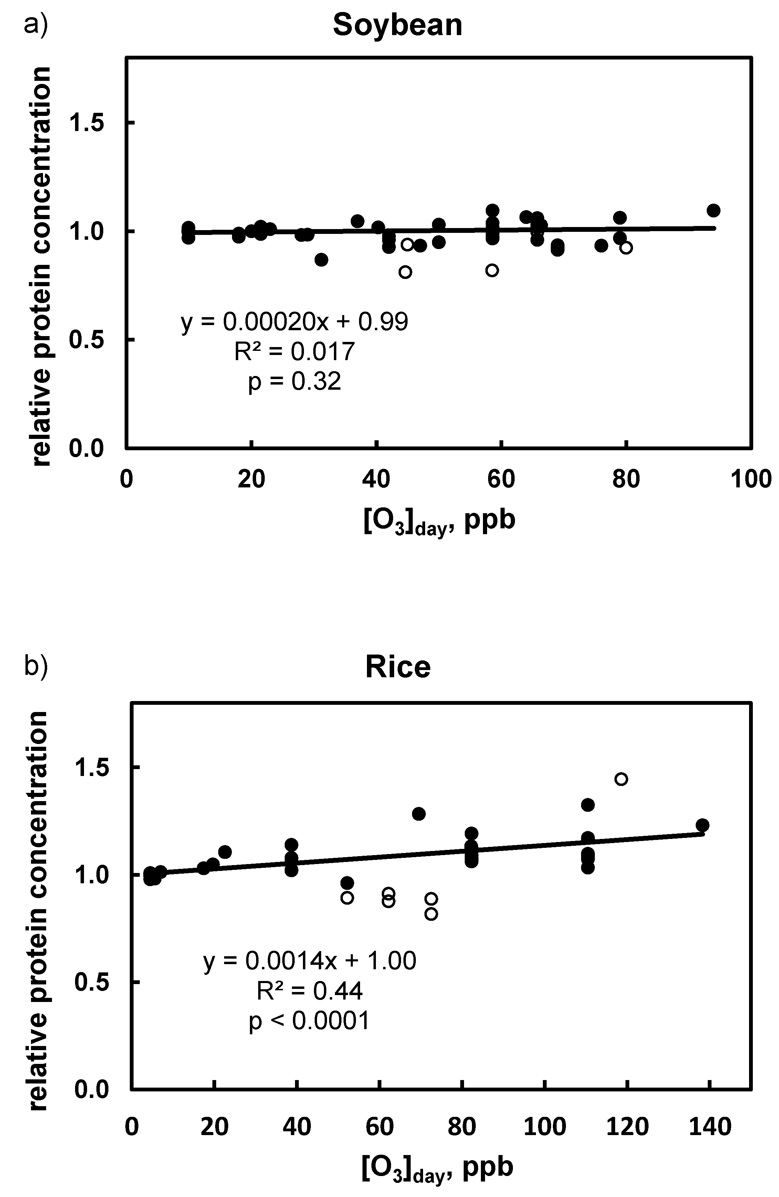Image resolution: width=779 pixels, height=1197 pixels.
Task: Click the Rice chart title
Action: click(x=398, y=667)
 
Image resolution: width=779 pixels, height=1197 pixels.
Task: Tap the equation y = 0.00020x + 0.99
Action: click(x=294, y=322)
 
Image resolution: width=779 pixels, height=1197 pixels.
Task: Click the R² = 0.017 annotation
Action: click(x=294, y=352)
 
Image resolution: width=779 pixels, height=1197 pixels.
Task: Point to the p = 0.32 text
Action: click(x=294, y=381)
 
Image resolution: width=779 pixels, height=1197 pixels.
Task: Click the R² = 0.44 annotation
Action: click(x=309, y=991)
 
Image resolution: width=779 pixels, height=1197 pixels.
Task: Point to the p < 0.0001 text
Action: click(x=309, y=1021)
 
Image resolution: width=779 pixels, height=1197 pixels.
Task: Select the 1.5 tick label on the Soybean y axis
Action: click(x=86, y=123)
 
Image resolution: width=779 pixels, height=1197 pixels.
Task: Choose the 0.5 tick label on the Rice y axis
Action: click(x=92, y=982)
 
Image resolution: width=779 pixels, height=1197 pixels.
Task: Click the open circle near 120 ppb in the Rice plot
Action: click(x=621, y=779)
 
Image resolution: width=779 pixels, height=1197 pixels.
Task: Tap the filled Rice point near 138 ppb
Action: click(x=703, y=825)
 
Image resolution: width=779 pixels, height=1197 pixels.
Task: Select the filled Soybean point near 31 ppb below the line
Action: click(x=322, y=259)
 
